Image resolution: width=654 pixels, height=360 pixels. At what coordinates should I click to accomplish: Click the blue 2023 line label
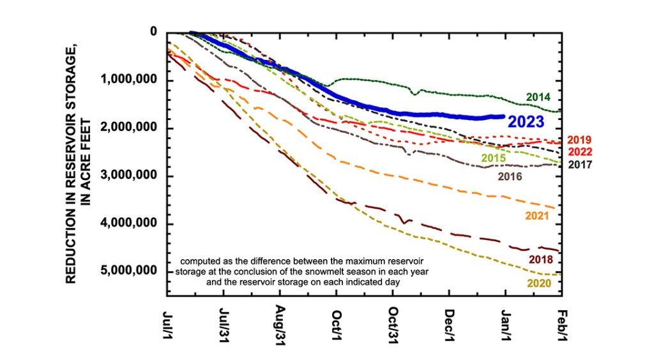coord(526,122)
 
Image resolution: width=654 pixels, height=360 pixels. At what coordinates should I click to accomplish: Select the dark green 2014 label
coord(538,98)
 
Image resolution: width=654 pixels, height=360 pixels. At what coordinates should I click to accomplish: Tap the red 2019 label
coord(579,140)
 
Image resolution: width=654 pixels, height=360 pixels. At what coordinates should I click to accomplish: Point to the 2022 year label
coord(579,152)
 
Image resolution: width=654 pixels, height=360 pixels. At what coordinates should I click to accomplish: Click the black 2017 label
coord(579,164)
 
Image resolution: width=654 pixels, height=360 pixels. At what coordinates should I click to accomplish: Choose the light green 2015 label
coord(493,158)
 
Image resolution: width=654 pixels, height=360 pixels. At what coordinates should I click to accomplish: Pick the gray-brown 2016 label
coord(510,176)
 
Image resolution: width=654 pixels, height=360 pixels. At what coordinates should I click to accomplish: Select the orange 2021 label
coord(538,216)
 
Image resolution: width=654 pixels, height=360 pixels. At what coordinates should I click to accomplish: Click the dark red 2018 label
coord(540,259)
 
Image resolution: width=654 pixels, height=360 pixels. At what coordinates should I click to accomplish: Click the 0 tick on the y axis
coord(153,31)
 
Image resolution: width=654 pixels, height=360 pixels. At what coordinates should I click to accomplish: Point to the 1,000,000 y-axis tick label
coord(130,80)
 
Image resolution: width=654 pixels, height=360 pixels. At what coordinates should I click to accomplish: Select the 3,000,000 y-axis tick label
coord(130,176)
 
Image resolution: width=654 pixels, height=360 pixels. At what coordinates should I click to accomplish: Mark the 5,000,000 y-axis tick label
coord(130,271)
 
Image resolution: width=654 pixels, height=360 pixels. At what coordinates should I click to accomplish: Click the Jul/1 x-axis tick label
coord(167,325)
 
